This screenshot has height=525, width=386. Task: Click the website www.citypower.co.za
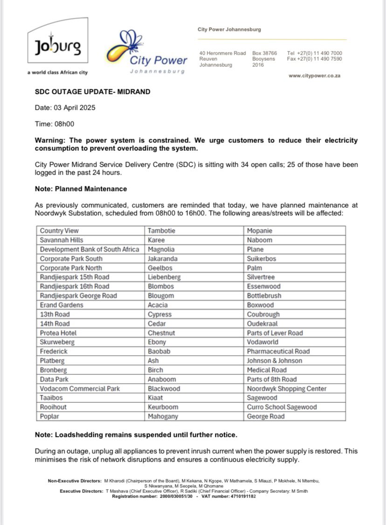tap(314, 76)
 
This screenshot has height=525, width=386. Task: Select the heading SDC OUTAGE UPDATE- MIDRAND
tap(92, 92)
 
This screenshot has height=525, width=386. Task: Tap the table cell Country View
tap(59, 231)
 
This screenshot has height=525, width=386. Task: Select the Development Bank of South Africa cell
tap(90, 249)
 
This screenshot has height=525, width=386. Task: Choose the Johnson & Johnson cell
tap(274, 361)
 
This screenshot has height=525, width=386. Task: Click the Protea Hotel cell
tap(58, 333)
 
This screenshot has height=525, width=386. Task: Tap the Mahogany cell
tap(163, 416)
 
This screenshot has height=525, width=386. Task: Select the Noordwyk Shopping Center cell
tap(287, 388)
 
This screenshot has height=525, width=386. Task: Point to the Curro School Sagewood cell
tap(282, 407)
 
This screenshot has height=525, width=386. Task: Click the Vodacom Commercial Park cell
tap(80, 388)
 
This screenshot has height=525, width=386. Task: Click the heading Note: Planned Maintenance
tap(81, 189)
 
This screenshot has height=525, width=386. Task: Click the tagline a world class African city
tap(57, 73)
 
